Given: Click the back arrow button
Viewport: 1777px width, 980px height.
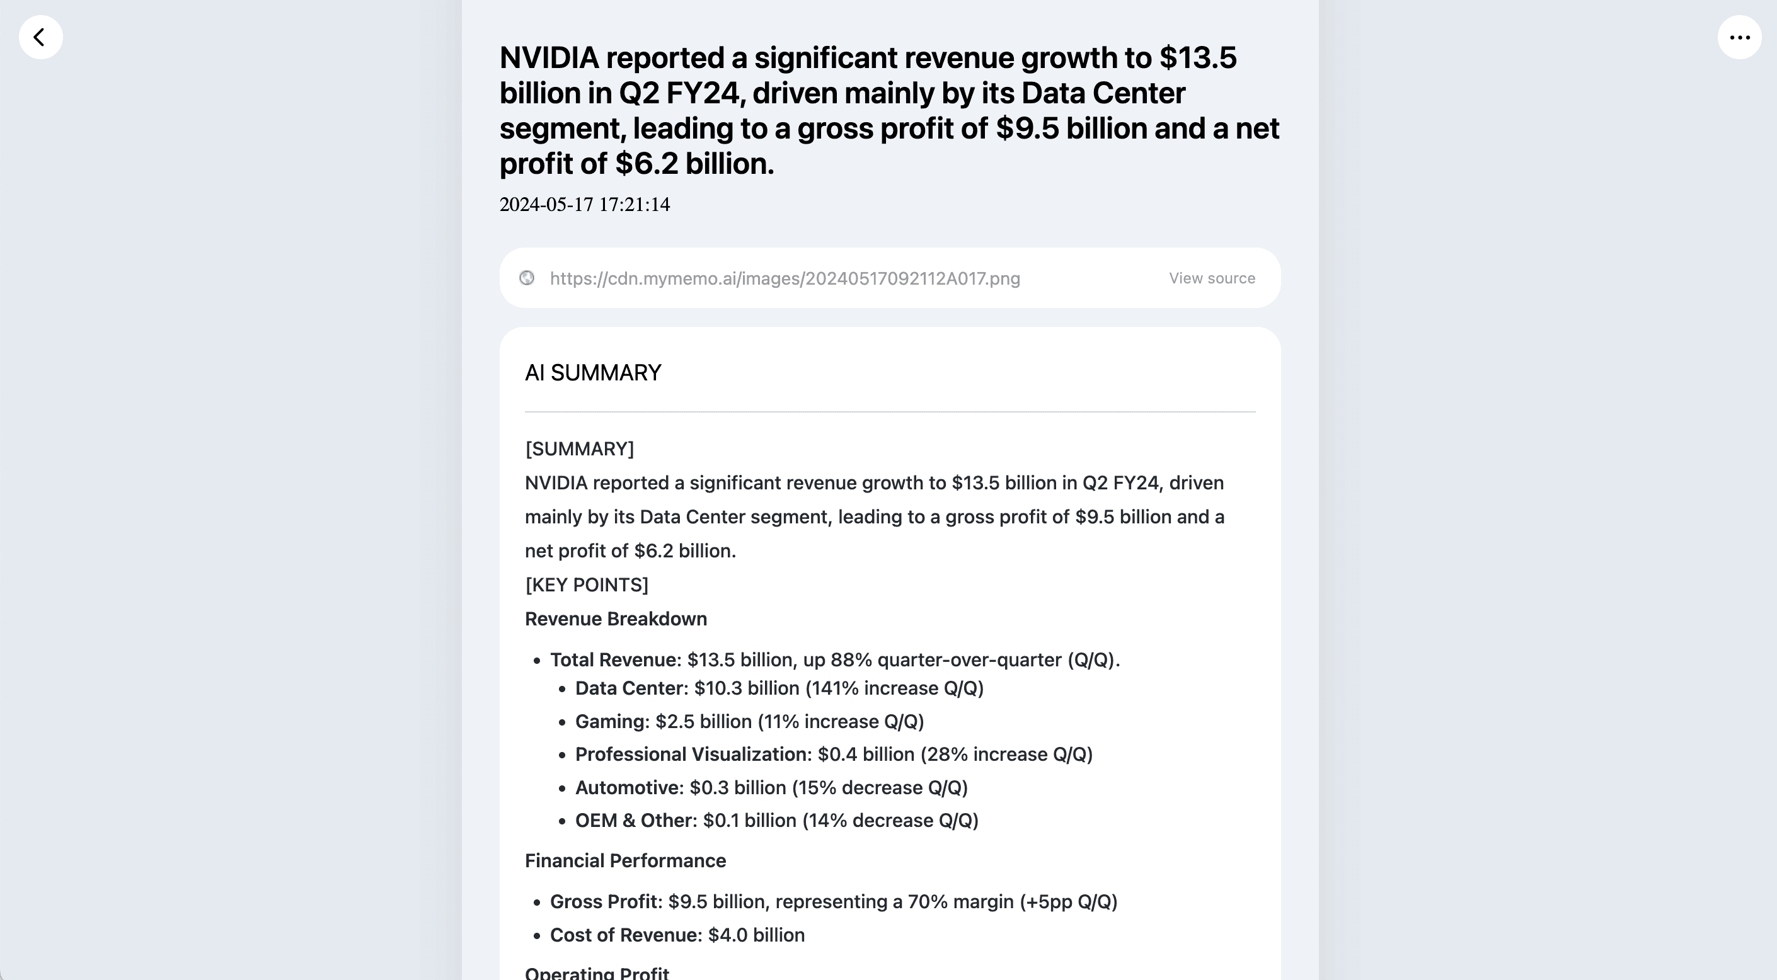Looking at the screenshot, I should pos(40,37).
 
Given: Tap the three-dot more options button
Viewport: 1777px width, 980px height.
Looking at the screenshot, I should pos(1739,37).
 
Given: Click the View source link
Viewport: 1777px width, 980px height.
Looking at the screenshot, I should pos(1211,278).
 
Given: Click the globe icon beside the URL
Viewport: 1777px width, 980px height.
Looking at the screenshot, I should pos(526,278).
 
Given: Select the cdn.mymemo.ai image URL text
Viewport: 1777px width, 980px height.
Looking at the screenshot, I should pos(785,278).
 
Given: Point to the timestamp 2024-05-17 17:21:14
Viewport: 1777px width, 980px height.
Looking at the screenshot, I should pos(584,205).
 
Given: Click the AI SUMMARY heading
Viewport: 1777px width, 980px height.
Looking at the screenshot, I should pos(592,373).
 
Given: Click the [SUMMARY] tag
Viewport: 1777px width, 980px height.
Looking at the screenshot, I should pos(578,449).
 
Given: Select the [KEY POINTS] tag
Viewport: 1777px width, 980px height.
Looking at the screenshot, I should pos(587,585).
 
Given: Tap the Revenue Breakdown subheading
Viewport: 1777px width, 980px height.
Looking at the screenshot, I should pos(615,618).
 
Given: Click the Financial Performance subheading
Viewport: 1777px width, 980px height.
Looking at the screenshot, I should pos(625,861).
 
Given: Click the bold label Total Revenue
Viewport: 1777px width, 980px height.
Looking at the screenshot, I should pos(612,660).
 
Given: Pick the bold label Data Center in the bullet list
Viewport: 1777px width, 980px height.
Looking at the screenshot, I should pos(629,688).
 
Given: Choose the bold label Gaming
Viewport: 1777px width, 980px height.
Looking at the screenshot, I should pos(611,721).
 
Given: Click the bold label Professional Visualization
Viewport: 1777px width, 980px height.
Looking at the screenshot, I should pos(692,755).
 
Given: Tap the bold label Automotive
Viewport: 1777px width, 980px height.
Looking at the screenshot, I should pos(627,787).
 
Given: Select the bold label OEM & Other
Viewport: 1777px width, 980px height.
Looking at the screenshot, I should pos(633,821).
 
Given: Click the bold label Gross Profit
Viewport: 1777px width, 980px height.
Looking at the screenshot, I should pos(603,902).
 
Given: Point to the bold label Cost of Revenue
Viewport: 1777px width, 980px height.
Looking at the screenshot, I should pos(623,935).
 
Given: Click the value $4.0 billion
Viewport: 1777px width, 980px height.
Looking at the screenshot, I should pos(756,935).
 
